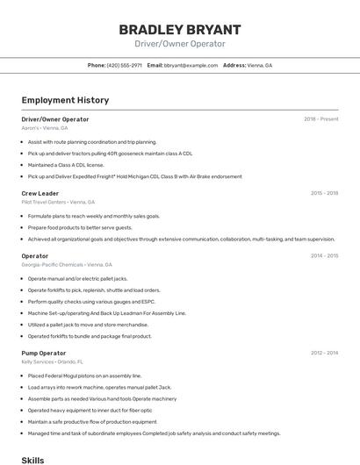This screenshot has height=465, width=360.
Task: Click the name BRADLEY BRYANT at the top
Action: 180,29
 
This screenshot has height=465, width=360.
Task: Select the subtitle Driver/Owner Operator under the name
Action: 180,44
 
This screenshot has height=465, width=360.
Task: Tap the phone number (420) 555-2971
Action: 124,65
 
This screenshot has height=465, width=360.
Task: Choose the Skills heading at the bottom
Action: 32,459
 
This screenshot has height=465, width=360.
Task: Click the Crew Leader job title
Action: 40,193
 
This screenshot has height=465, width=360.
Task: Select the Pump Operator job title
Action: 43,353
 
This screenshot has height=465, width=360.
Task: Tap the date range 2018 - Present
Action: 321,118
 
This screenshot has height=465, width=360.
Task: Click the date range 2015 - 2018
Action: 324,193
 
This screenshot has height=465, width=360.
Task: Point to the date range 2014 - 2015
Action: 324,256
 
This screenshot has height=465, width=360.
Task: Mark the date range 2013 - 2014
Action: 324,353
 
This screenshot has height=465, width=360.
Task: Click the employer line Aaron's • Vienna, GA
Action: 44,128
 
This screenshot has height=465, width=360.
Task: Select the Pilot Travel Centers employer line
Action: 58,202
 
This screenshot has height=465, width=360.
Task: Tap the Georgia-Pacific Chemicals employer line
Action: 67,264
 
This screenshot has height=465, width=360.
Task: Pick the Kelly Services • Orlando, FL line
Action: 52,361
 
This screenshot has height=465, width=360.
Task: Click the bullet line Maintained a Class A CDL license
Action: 66,165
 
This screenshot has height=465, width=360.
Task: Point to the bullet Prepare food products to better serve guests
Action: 80,227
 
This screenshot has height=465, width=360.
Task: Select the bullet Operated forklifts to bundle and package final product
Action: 90,336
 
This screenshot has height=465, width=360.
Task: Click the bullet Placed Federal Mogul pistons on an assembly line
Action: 84,376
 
